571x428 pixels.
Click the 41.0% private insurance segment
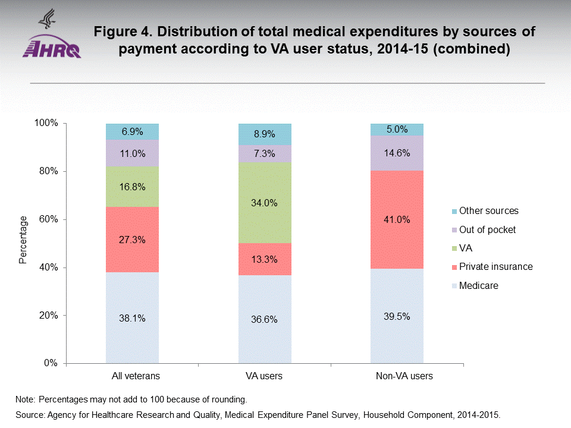[397, 219]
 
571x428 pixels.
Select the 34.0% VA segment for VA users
[265, 203]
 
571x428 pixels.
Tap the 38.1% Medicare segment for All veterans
[132, 317]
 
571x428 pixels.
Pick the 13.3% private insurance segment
[265, 259]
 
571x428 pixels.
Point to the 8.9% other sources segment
[265, 134]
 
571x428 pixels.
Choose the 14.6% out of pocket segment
[397, 153]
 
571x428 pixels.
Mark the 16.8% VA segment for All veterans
[132, 186]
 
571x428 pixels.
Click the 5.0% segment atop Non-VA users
[397, 129]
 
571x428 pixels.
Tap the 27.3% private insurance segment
[132, 240]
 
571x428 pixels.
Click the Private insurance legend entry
[495, 267]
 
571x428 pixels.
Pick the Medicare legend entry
[478, 286]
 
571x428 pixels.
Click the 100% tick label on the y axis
[46, 123]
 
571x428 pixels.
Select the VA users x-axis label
[265, 376]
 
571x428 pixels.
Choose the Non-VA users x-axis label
[397, 376]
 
